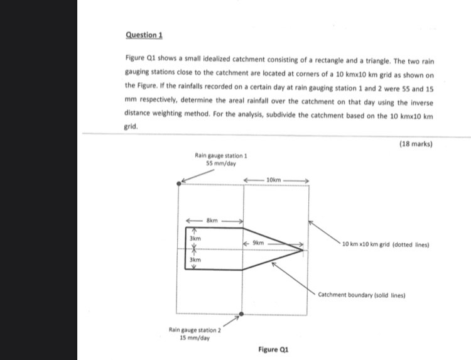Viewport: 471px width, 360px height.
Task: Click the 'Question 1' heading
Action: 140,36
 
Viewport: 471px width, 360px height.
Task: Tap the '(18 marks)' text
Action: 416,143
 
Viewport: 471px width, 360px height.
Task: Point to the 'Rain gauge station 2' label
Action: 195,329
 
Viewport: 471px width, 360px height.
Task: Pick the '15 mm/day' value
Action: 195,337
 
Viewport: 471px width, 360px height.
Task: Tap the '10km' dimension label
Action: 274,180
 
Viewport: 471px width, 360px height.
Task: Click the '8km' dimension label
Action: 213,221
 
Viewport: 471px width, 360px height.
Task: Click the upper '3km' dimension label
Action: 195,239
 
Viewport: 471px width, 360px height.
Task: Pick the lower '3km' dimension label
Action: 195,259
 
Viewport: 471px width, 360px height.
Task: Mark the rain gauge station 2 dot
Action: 242,314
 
